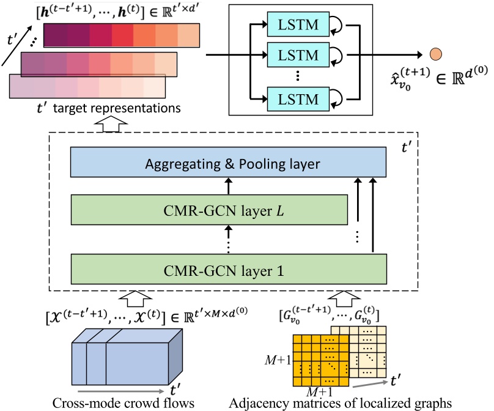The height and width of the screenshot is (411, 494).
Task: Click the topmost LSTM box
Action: [298, 24]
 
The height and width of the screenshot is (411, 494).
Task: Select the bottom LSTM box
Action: [298, 99]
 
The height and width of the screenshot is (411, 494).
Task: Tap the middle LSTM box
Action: [298, 55]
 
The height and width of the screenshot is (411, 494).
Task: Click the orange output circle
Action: [436, 54]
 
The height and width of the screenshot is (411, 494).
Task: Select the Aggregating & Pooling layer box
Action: [228, 162]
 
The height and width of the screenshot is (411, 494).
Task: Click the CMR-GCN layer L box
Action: [209, 210]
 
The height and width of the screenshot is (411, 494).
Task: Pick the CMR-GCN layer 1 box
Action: [229, 269]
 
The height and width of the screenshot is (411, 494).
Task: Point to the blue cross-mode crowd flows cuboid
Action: [127, 357]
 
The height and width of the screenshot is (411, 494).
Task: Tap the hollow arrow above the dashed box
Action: [111, 124]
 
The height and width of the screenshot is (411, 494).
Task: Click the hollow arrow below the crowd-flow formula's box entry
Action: [136, 298]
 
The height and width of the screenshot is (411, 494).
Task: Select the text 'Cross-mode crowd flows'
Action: [123, 403]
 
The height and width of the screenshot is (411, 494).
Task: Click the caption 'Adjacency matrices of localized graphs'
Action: [341, 403]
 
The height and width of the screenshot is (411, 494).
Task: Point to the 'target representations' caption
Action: [117, 108]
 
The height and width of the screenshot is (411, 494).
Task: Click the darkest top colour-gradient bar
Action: [121, 35]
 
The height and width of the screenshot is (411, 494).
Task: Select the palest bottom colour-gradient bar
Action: [87, 86]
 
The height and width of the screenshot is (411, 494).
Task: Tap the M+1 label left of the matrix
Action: [278, 360]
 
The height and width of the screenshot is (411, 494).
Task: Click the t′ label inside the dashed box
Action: [407, 147]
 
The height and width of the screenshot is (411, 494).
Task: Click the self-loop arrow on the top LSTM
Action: [337, 24]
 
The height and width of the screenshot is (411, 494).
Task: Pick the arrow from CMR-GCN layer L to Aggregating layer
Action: [229, 186]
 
